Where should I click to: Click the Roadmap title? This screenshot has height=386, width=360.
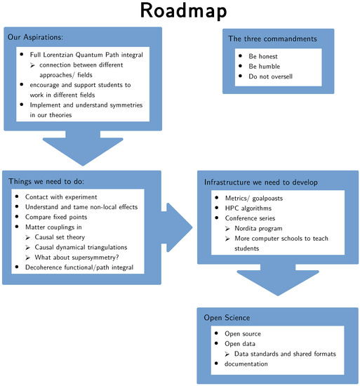(x=183, y=11)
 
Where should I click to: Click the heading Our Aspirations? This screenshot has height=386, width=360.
(x=35, y=37)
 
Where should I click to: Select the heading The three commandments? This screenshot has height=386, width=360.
(x=272, y=39)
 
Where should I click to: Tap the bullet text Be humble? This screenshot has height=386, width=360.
(x=265, y=66)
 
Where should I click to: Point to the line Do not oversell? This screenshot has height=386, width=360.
(x=270, y=76)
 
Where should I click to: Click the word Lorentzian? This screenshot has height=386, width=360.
(x=58, y=55)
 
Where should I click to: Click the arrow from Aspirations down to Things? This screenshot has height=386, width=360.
(x=83, y=148)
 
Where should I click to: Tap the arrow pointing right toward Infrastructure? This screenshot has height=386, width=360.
(x=177, y=227)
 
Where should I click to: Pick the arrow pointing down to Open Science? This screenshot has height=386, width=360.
(x=278, y=280)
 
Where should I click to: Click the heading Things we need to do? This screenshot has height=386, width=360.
(x=46, y=182)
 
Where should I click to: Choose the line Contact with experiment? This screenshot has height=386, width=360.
(x=61, y=197)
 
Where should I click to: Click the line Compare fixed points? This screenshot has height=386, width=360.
(x=56, y=217)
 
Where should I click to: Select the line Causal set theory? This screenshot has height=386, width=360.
(x=60, y=237)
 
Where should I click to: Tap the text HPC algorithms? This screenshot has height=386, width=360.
(x=248, y=208)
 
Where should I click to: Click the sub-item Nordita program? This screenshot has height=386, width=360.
(x=258, y=229)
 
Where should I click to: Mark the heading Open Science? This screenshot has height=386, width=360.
(x=227, y=317)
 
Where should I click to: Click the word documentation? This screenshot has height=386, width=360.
(x=246, y=364)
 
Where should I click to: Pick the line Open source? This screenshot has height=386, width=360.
(x=243, y=334)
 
